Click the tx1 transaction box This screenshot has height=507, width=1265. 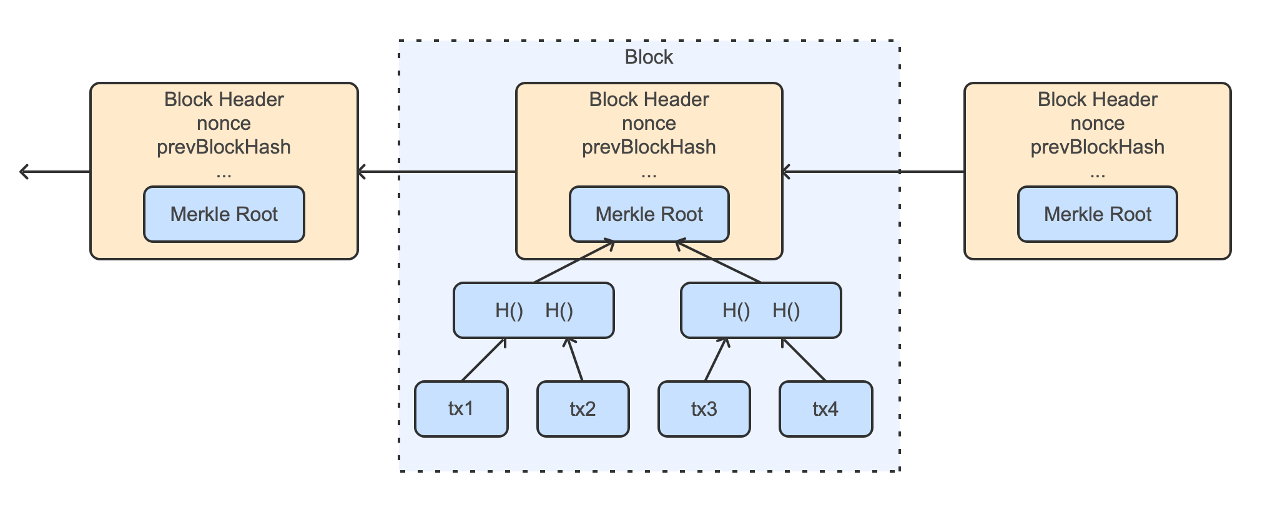click(x=461, y=409)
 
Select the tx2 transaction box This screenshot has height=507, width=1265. click(x=583, y=409)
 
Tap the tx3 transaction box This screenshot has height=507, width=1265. click(x=704, y=409)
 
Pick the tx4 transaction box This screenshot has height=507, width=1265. click(x=825, y=409)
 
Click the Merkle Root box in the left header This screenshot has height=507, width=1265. click(x=224, y=214)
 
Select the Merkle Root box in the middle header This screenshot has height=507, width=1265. click(x=649, y=214)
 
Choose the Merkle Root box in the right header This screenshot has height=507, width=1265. click(x=1097, y=214)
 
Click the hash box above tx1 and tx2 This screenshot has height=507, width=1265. click(x=533, y=310)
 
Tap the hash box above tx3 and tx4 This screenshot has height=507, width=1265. click(x=760, y=310)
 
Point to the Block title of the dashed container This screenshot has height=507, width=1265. click(x=649, y=57)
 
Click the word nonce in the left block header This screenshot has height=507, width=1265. click(x=224, y=123)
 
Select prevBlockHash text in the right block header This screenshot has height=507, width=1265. click(x=1097, y=147)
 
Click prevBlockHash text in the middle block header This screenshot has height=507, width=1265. click(x=649, y=147)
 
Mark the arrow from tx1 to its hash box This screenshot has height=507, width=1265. click(x=483, y=360)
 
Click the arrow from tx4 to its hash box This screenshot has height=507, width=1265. click(x=804, y=360)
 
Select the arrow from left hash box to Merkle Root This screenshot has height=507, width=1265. click(x=573, y=262)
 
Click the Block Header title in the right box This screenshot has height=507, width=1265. click(x=1097, y=99)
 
